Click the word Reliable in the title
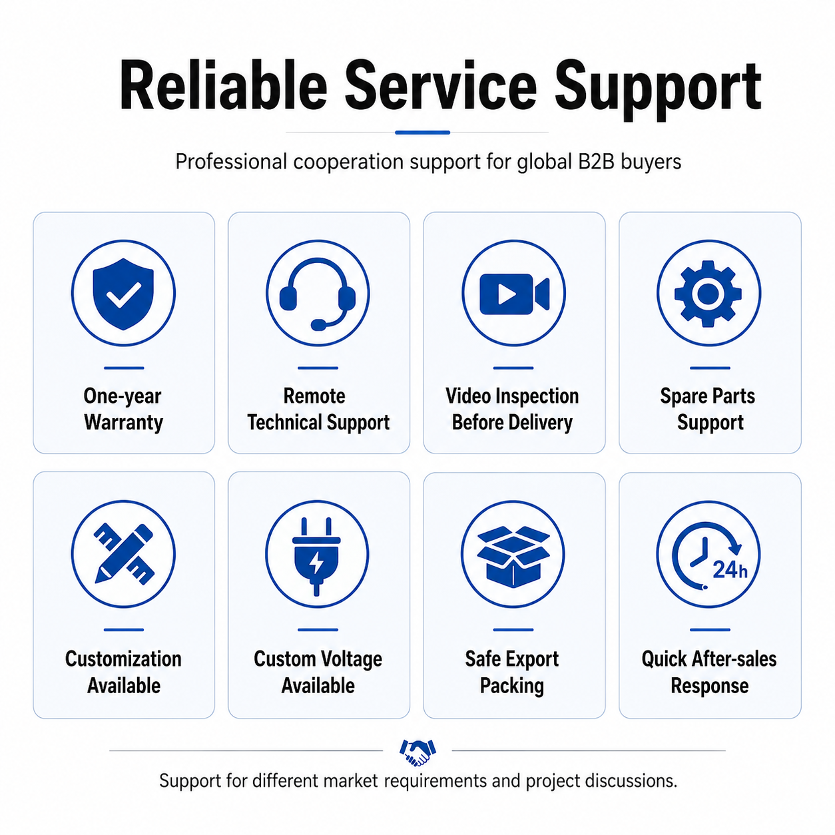click(224, 85)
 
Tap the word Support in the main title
click(657, 91)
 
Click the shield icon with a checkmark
click(123, 294)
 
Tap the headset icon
click(318, 294)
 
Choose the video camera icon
click(514, 294)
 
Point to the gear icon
click(708, 294)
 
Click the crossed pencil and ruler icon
click(124, 554)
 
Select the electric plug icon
click(317, 557)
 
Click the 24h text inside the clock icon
click(730, 570)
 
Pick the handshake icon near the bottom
click(418, 752)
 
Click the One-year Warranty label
click(123, 410)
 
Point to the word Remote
click(314, 396)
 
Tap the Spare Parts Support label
click(708, 410)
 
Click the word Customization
click(123, 659)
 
